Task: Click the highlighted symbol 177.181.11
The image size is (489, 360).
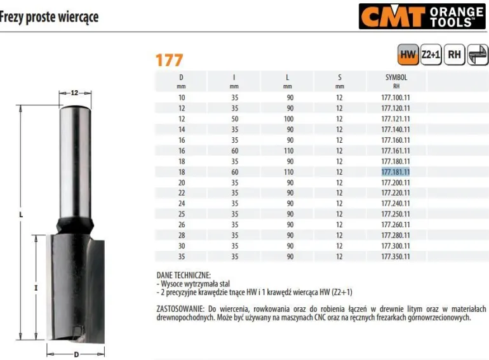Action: (396, 172)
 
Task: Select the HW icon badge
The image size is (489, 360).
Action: (408, 55)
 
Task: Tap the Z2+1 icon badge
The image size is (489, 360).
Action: (431, 55)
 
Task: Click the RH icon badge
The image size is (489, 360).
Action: (454, 55)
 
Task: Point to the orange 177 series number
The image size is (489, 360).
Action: (169, 60)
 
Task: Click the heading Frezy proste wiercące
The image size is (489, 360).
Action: (49, 17)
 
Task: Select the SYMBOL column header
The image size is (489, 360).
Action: (396, 77)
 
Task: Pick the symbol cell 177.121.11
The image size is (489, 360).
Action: (396, 119)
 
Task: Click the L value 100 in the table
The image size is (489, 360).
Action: (289, 119)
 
